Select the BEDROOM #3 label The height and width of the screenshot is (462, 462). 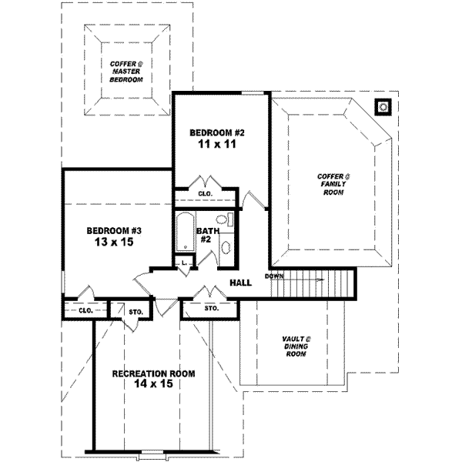pos(114,230)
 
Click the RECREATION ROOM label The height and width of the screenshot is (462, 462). pos(153,373)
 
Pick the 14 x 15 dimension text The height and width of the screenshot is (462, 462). pos(153,385)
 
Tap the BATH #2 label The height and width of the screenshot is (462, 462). pos(206,235)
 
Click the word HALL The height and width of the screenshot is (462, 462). pos(240,283)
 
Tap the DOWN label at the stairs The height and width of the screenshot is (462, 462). pos(275,276)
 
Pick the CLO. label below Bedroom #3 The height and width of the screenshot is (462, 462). pos(85,310)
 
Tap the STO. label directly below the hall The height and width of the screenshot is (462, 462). pos(212,308)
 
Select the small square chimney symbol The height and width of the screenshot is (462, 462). pos(383,106)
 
